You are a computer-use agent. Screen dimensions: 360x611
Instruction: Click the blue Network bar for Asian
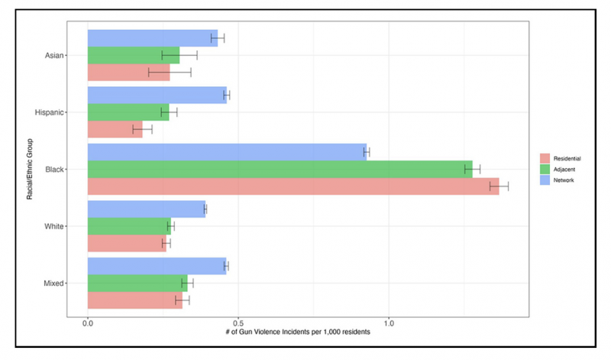pyautogui.click(x=152, y=38)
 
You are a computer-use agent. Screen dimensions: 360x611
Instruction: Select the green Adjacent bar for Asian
pyautogui.click(x=134, y=55)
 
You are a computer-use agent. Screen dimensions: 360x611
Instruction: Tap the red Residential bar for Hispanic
pyautogui.click(x=115, y=129)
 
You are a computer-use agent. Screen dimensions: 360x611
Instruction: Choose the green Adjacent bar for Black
pyautogui.click(x=280, y=169)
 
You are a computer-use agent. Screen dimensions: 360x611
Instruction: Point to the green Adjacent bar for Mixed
pyautogui.click(x=137, y=284)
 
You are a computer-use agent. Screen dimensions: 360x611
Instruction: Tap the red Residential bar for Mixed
pyautogui.click(x=134, y=300)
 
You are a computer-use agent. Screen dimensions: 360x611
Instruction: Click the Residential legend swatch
pyautogui.click(x=545, y=158)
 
